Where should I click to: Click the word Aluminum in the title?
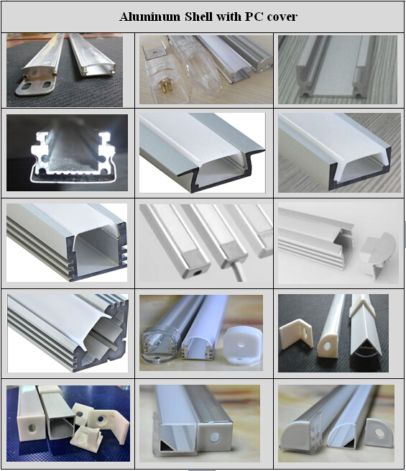(150, 17)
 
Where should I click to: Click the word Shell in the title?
(199, 17)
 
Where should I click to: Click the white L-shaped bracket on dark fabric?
(295, 334)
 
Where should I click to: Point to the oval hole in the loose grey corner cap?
(379, 433)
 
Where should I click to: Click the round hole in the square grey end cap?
(215, 437)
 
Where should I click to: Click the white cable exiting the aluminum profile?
(238, 272)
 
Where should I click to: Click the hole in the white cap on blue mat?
(32, 427)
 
